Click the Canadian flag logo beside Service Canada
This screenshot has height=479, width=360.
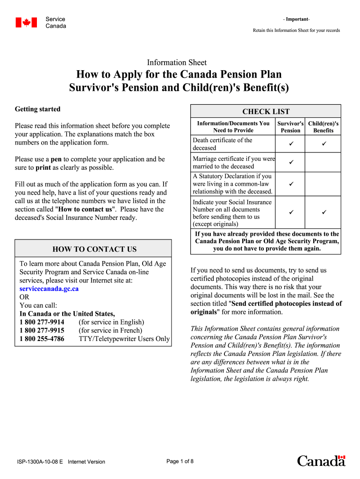(x=26, y=22)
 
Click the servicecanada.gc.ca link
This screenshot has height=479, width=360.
(x=49, y=289)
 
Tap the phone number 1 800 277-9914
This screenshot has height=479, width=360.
(x=42, y=322)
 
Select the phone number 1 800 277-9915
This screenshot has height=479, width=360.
(x=42, y=330)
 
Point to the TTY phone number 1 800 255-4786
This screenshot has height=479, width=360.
(x=42, y=339)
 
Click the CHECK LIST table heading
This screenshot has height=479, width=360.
(x=266, y=111)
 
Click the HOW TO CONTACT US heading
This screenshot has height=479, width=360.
(x=94, y=249)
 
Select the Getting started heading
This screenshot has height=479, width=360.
(x=37, y=109)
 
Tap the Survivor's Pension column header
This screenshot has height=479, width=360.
(x=290, y=127)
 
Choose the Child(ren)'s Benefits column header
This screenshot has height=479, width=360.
(x=324, y=127)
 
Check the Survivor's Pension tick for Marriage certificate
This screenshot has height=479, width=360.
(x=290, y=162)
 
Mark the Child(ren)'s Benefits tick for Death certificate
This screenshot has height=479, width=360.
(x=324, y=144)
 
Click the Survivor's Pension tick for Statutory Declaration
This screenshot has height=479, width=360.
(x=290, y=184)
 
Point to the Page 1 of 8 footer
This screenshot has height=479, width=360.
(x=180, y=461)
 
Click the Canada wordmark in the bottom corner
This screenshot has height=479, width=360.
(x=321, y=461)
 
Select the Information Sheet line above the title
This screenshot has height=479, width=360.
(x=177, y=63)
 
